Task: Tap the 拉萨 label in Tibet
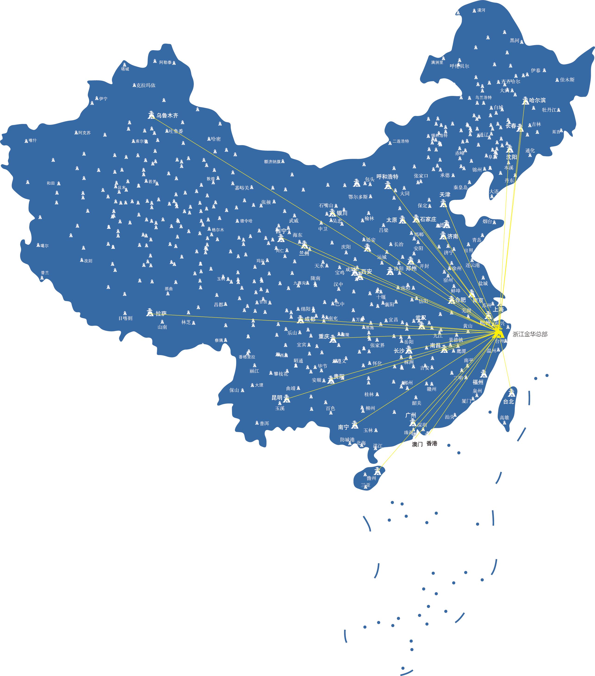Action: pos(161,313)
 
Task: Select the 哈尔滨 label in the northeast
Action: pos(537,100)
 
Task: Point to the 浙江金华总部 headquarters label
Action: pos(530,334)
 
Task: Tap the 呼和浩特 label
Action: pos(387,177)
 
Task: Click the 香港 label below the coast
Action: pos(432,443)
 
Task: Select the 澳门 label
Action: pos(417,444)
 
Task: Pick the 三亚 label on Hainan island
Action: pos(366,485)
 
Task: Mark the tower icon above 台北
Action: pos(512,393)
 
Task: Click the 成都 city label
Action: pos(310,319)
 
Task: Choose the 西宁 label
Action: pos(281,231)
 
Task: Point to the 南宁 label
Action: pos(343,427)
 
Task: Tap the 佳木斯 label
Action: pos(567,80)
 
